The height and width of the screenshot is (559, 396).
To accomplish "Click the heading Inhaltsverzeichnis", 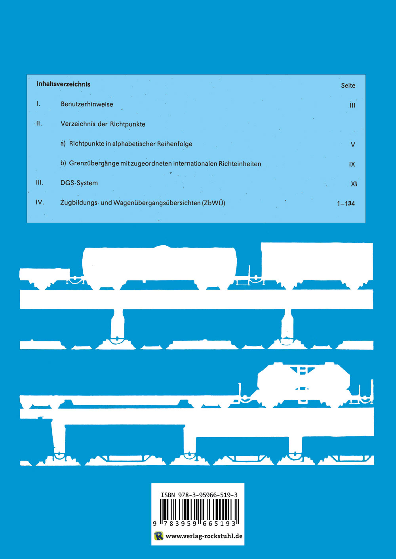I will [x=63, y=84].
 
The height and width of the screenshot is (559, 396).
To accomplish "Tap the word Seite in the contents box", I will [x=348, y=85].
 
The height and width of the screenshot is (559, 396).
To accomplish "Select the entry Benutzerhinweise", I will [x=87, y=104].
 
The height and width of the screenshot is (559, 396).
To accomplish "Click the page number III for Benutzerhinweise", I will [x=352, y=105].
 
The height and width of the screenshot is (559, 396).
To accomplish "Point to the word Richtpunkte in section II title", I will [x=128, y=124].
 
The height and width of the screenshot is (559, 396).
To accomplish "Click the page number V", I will [x=353, y=145].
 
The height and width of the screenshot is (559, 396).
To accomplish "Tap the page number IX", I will [x=352, y=164].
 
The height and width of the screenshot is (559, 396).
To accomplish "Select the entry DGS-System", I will [x=79, y=183].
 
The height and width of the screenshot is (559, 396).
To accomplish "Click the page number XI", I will [x=354, y=184].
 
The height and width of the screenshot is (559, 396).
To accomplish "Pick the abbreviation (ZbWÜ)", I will [x=213, y=203].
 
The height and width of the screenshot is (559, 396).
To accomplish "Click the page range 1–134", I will [x=346, y=204].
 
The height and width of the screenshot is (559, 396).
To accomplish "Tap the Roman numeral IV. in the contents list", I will [x=40, y=202].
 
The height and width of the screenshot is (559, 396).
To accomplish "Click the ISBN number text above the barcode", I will [x=199, y=495].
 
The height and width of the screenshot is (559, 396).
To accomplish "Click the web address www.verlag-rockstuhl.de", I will [x=204, y=536].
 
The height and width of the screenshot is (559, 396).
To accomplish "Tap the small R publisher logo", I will [x=158, y=536].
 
